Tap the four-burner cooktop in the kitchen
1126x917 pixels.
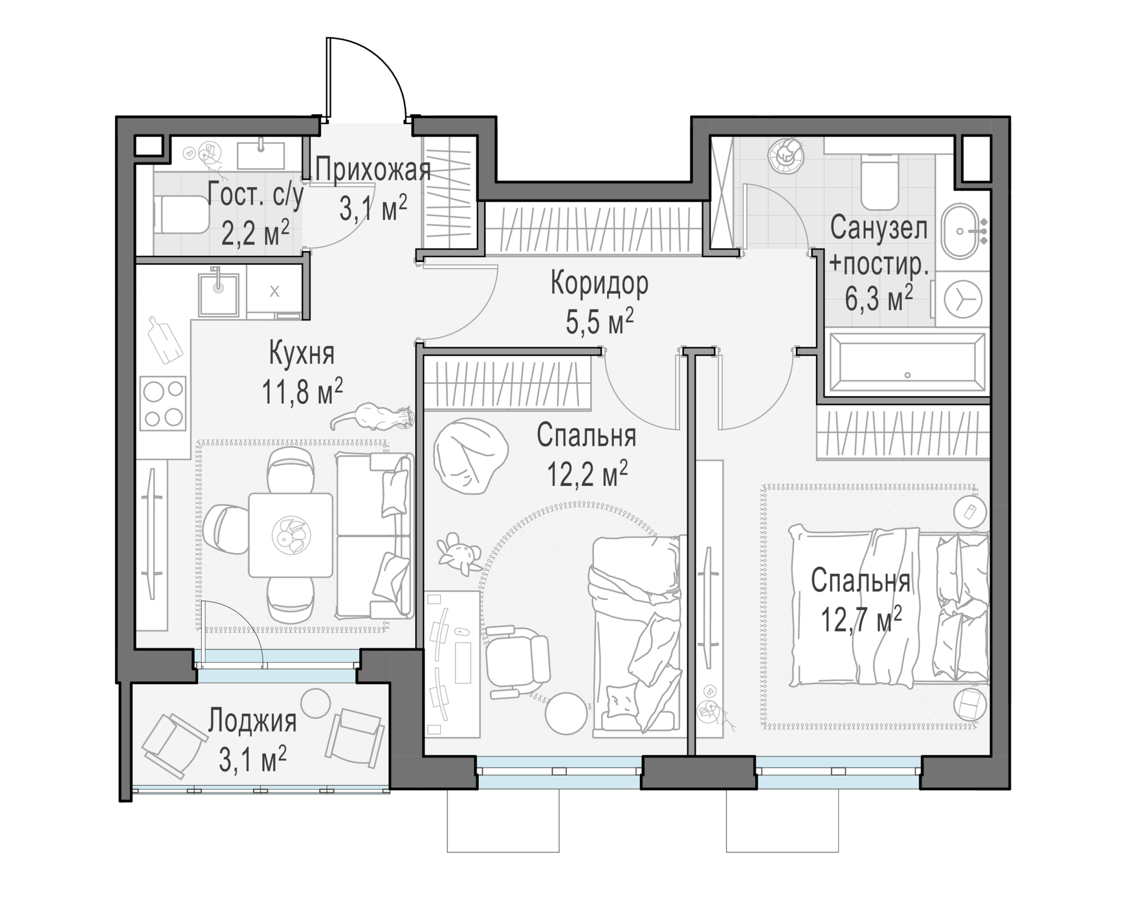[x=163, y=403]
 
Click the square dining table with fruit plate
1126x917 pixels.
[x=291, y=535]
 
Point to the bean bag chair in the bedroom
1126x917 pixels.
[x=470, y=456]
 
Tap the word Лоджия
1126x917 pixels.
[x=252, y=720]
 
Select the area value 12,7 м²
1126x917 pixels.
[x=861, y=619]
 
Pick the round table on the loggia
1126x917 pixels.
[x=315, y=703]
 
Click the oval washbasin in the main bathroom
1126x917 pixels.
[x=960, y=231]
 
